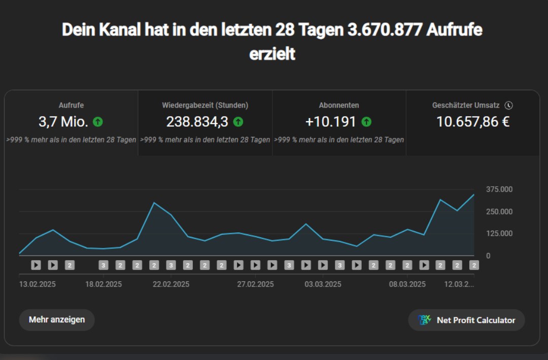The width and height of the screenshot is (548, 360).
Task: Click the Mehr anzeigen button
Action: pos(57,320)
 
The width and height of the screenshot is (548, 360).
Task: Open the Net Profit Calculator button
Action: pos(466,320)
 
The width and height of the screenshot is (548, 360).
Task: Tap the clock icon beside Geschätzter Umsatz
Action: pos(509,105)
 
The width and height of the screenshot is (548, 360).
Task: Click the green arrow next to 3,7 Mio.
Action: pos(98,122)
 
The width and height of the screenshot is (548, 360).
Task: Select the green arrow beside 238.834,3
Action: pos(238,122)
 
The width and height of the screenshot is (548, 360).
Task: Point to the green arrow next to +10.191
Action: pos(366,122)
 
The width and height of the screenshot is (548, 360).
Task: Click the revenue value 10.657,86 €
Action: pos(473,122)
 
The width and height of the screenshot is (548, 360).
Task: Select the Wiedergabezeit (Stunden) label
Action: pos(205,105)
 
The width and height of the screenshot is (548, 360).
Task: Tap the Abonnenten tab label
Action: pos(339,105)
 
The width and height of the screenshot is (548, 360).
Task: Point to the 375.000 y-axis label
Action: pos(499,189)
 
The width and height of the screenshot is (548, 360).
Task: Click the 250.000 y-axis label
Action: pos(499,211)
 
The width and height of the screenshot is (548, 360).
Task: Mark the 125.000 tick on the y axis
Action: pos(499,233)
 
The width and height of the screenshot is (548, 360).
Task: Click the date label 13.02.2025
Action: pos(38,284)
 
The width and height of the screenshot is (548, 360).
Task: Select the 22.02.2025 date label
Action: pos(171,284)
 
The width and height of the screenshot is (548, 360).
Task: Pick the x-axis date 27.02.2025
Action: pos(255,284)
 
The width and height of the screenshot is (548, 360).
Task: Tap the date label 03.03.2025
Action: pos(323,284)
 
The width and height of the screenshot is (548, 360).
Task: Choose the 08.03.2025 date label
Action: pos(407,284)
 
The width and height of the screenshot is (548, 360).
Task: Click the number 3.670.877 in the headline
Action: pos(385,30)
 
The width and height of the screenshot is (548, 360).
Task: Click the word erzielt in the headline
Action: pos(272,54)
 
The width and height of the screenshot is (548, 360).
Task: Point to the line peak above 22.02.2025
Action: pos(154,202)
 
